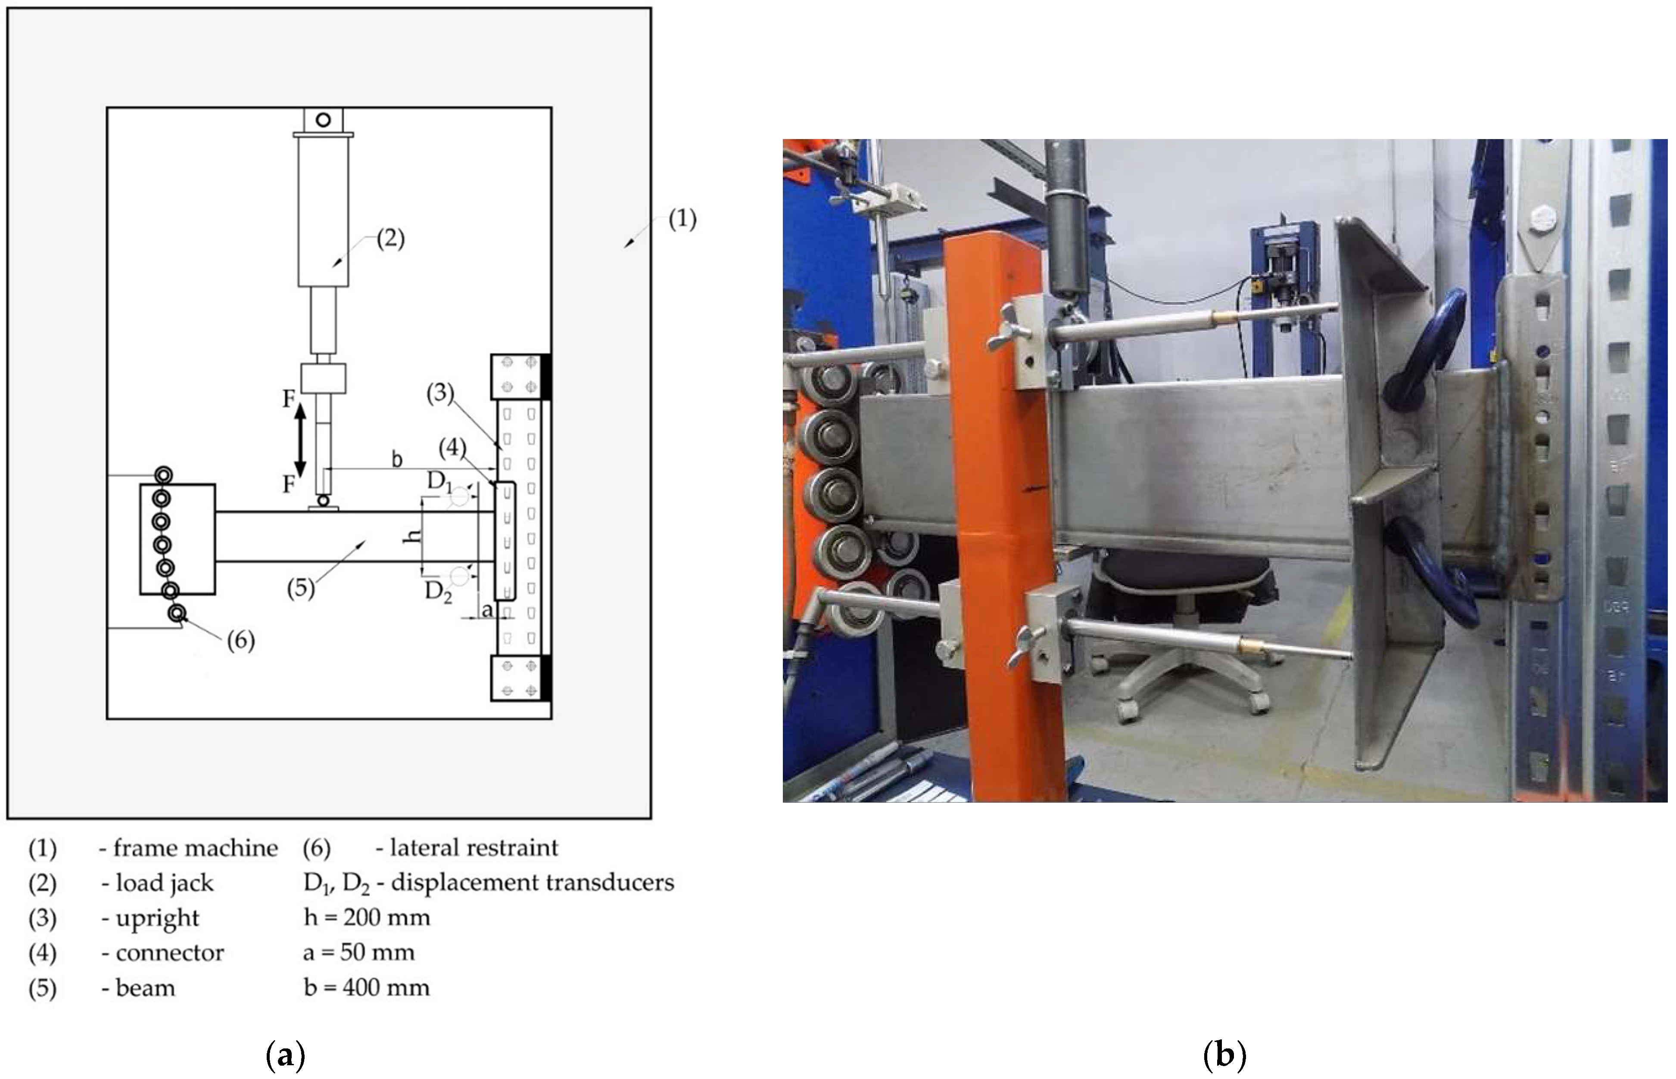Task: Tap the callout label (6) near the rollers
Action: (x=240, y=640)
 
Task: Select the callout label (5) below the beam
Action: (x=301, y=587)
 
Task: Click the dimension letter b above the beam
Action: (x=397, y=459)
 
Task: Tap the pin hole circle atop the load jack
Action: (x=323, y=120)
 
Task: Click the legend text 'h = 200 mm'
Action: (x=367, y=917)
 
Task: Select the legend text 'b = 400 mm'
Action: (x=367, y=987)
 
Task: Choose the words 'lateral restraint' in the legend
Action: (x=474, y=848)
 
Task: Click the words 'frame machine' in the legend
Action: (x=196, y=848)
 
